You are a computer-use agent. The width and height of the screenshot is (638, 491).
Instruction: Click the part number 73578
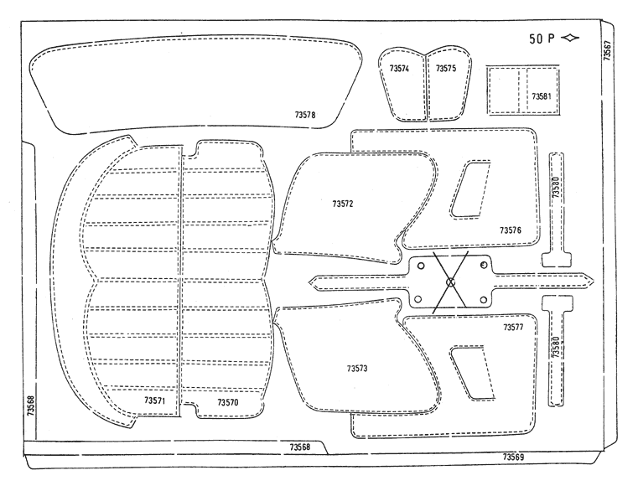click(305, 115)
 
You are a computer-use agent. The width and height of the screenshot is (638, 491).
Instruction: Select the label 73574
click(399, 69)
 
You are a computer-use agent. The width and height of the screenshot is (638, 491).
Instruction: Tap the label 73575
click(446, 69)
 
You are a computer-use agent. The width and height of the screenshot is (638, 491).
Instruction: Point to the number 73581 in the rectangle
click(542, 96)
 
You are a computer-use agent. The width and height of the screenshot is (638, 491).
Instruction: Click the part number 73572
click(343, 204)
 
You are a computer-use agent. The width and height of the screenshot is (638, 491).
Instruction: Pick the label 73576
click(511, 230)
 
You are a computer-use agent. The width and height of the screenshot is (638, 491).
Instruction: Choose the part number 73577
click(513, 327)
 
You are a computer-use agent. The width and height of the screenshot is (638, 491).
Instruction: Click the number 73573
click(357, 369)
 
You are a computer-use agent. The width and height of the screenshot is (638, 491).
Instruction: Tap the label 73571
click(154, 401)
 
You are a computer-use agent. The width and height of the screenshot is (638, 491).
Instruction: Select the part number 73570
click(228, 402)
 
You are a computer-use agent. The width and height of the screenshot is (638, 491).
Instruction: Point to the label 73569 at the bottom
click(513, 457)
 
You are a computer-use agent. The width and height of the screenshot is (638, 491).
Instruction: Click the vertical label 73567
click(607, 50)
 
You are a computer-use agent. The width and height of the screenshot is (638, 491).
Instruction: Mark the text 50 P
click(542, 39)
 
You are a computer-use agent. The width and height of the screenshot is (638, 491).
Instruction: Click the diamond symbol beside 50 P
click(570, 38)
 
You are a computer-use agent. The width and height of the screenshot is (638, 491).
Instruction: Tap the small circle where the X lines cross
click(450, 282)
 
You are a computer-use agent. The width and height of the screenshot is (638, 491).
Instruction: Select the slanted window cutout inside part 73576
click(470, 189)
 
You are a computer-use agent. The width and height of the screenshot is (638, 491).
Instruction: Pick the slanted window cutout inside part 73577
click(472, 373)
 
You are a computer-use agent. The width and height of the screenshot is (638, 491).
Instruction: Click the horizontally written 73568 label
click(300, 447)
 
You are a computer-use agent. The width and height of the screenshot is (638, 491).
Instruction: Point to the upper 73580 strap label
click(556, 187)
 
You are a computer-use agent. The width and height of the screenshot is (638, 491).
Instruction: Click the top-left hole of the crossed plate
click(421, 266)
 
